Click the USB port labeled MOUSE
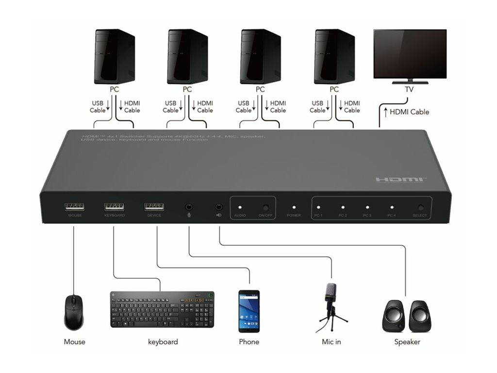pos(74,207)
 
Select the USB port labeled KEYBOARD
pos(114,207)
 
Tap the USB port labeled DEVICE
pos(154,207)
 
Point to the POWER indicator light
pos(294,207)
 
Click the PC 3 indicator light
pos(367,207)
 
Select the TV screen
pos(410,53)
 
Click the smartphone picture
pos(249,311)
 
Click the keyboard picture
pos(162,309)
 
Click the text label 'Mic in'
pos(331,342)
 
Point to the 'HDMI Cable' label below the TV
pos(409,112)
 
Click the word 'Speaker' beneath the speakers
pos(407,342)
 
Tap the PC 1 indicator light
pos(318,207)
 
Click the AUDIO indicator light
pos(240,207)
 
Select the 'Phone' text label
pos(249,342)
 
